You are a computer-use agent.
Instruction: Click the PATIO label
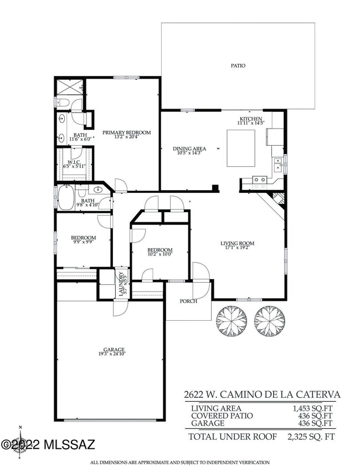[238, 66]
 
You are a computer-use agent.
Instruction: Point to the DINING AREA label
[189, 151]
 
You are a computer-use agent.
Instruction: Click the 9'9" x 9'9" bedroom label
[83, 239]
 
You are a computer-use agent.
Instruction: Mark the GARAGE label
[112, 351]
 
